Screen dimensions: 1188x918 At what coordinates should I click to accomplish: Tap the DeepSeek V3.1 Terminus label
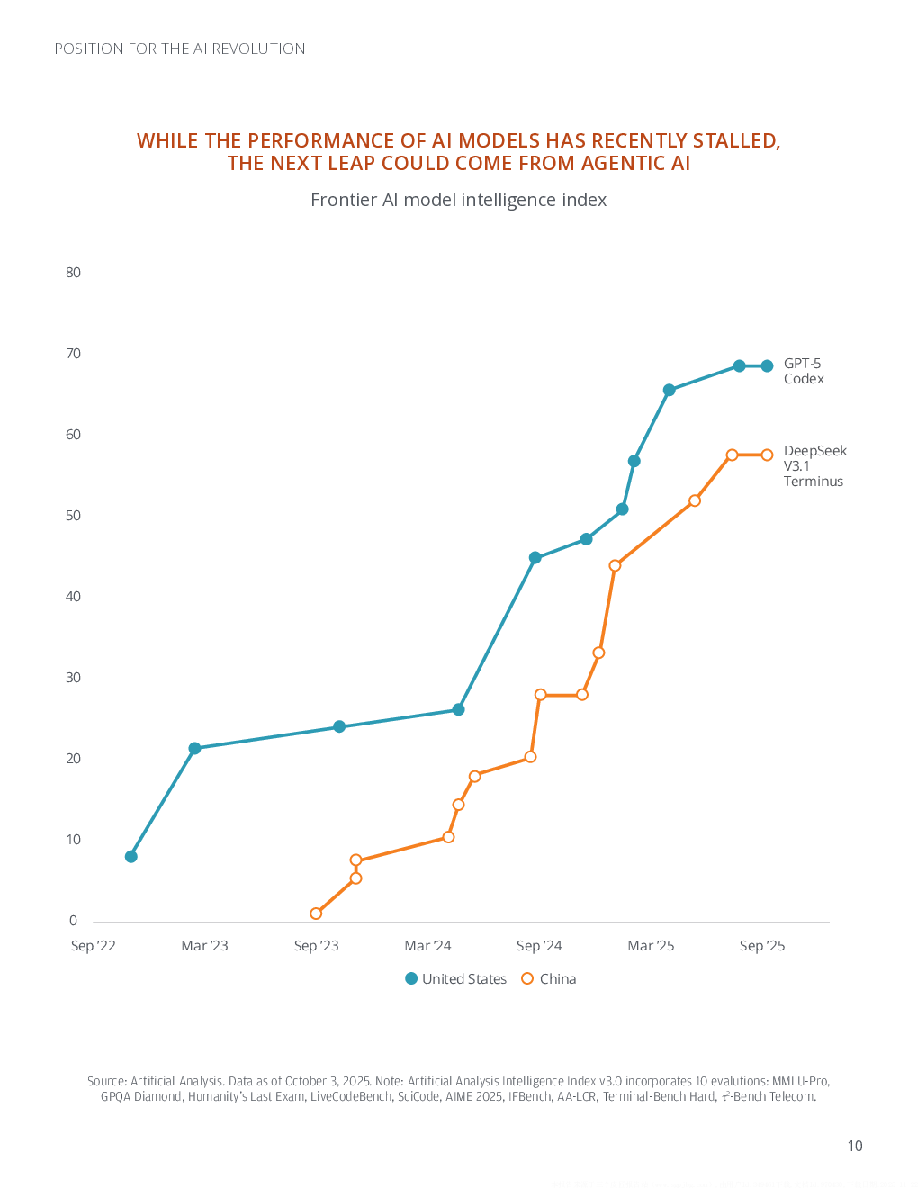click(x=814, y=465)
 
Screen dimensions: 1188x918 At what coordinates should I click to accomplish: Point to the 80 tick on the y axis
click(x=73, y=273)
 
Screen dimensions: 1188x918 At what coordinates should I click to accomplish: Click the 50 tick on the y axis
click(x=73, y=516)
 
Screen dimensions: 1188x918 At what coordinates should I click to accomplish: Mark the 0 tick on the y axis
click(x=74, y=921)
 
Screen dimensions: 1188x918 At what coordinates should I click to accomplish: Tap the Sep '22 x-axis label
click(x=94, y=946)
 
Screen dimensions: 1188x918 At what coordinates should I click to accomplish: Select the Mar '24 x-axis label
click(x=427, y=946)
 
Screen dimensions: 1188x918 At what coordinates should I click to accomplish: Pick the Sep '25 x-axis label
click(x=762, y=946)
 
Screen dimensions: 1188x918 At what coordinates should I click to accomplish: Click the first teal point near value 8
click(x=131, y=856)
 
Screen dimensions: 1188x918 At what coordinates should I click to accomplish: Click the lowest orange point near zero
click(x=316, y=913)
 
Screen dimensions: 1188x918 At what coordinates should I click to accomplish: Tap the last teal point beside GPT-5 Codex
click(x=767, y=365)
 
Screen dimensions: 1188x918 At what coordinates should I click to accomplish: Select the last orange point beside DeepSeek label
click(x=767, y=454)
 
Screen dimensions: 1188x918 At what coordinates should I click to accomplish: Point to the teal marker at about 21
click(x=194, y=748)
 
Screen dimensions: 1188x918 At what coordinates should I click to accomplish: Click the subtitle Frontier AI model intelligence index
click(x=458, y=200)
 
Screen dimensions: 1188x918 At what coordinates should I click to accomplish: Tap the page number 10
click(x=854, y=1146)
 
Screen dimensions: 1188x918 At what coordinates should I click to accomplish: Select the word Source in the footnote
click(x=106, y=1081)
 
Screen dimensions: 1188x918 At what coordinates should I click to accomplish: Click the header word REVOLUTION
click(x=258, y=49)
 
